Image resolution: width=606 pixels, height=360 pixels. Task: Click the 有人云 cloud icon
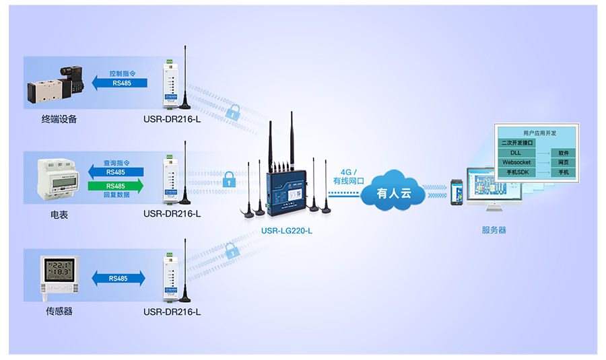tap(393, 194)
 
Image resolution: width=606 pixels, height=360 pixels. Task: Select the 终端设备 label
tap(59, 120)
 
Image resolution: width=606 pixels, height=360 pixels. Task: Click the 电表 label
tap(59, 215)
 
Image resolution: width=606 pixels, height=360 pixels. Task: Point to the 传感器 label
tap(59, 312)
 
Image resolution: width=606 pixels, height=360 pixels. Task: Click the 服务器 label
tap(494, 230)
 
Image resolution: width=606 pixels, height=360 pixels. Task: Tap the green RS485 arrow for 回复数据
tap(115, 186)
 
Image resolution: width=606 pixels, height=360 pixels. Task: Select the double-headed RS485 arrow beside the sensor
tap(118, 279)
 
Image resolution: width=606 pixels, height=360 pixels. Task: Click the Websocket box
tap(516, 163)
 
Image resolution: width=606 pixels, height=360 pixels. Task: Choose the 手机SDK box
tap(516, 172)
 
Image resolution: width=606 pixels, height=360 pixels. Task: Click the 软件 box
tap(564, 153)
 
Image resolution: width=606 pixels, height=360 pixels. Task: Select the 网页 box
tap(564, 163)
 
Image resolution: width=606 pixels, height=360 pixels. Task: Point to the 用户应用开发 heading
tap(537, 133)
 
